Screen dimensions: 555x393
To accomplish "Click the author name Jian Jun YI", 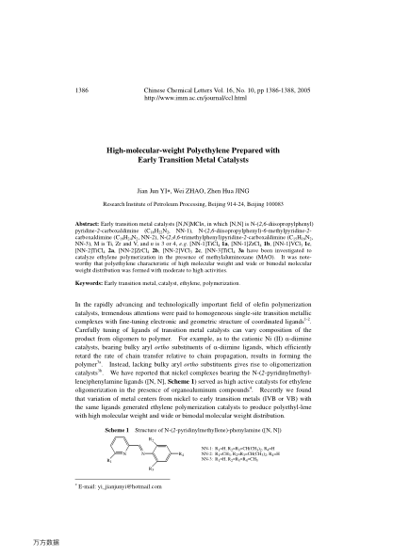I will pos(160,188).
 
